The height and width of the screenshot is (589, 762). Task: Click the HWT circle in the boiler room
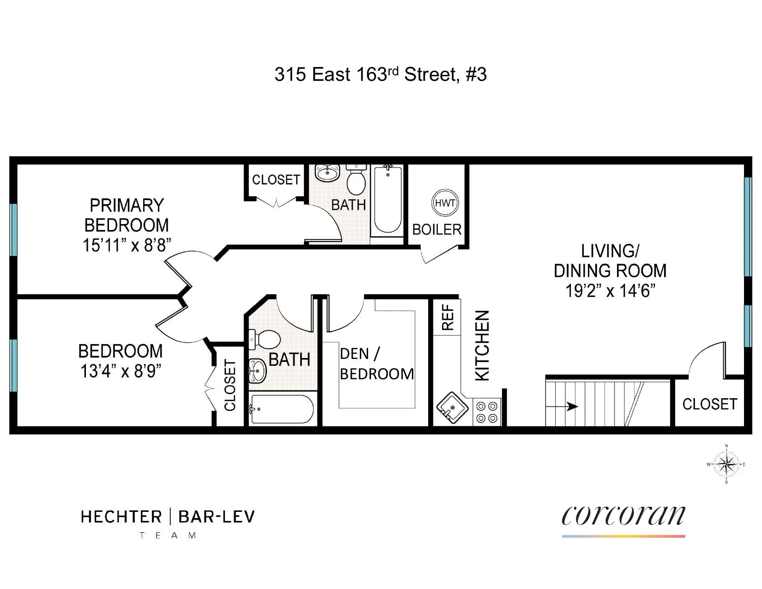click(x=445, y=203)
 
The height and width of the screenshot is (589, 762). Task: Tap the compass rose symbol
click(x=726, y=464)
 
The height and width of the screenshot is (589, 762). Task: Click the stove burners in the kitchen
click(x=487, y=412)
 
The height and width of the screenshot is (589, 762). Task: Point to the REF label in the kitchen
click(x=448, y=317)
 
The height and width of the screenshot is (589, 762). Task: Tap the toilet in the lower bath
click(x=265, y=340)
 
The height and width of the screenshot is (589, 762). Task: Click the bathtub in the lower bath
click(x=281, y=409)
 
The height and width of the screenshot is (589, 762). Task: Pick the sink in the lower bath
click(x=257, y=370)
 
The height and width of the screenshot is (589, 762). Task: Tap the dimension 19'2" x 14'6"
click(x=611, y=291)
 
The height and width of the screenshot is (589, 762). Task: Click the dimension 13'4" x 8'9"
click(x=121, y=371)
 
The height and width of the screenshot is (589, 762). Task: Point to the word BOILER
click(x=436, y=230)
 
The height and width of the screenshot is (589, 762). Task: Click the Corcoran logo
click(x=623, y=516)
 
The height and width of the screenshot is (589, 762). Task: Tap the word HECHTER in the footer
click(x=121, y=516)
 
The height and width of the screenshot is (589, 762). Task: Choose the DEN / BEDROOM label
click(x=376, y=364)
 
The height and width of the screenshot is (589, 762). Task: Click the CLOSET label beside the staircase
click(x=709, y=404)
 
